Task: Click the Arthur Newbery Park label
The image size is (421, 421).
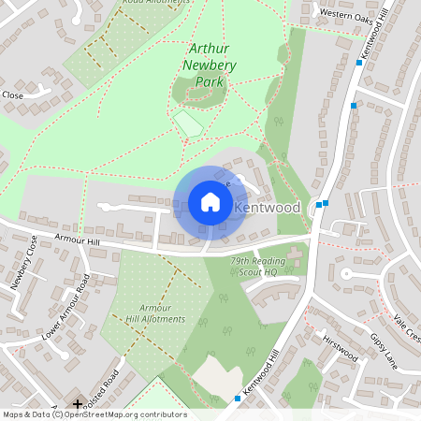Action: [x=211, y=65]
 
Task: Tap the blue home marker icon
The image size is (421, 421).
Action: [x=210, y=202]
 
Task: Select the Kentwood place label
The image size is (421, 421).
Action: [x=268, y=206]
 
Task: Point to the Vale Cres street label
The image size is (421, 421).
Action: [x=407, y=328]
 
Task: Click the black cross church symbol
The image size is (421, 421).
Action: [x=78, y=403]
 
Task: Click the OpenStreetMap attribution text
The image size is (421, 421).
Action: [x=94, y=414]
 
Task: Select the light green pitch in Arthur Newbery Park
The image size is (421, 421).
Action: [x=189, y=123]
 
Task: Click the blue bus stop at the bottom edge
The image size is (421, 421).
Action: [x=238, y=399]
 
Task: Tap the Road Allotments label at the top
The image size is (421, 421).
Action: [x=155, y=4]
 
